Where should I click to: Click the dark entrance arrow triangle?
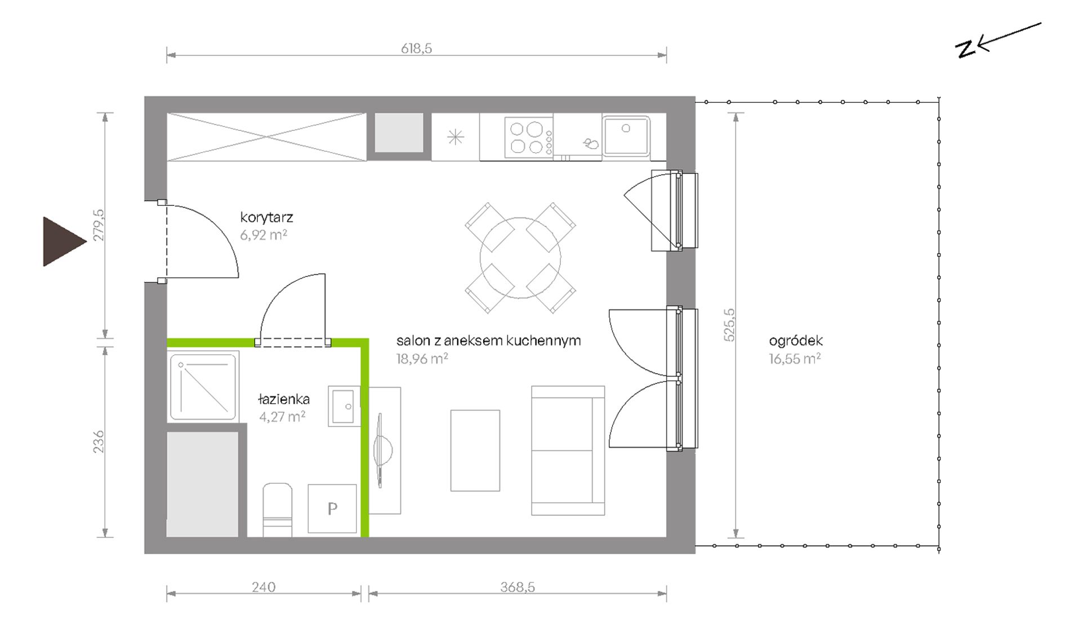tap(62, 241)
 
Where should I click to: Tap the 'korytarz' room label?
tap(266, 218)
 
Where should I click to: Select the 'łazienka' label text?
tap(284, 399)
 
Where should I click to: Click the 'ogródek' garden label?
tap(796, 341)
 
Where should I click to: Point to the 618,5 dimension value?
tap(416, 48)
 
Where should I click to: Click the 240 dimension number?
tap(264, 587)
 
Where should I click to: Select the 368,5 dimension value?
tap(518, 587)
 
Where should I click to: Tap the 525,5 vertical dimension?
tap(729, 325)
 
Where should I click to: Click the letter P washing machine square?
tap(332, 509)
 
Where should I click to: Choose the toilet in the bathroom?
tap(278, 510)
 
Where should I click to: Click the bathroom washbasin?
tap(344, 406)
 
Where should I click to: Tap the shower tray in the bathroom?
tap(203, 386)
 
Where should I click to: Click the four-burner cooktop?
tap(529, 137)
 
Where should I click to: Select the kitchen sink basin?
tap(626, 135)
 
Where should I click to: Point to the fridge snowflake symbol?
tap(455, 137)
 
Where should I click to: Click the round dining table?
tap(520, 258)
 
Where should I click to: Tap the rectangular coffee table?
tap(475, 450)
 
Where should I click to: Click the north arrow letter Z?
tap(966, 49)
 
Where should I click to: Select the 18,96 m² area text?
tap(422, 359)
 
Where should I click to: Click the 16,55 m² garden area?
tap(795, 359)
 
